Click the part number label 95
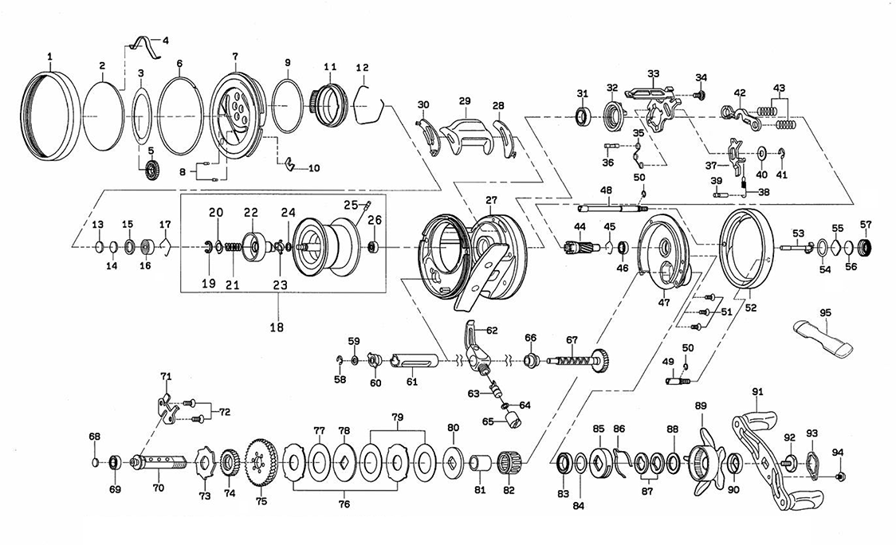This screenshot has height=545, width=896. tap(824, 313)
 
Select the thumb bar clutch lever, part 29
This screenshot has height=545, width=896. tap(465, 128)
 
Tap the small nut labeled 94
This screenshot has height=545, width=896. tap(841, 476)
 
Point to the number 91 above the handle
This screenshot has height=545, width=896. tap(757, 391)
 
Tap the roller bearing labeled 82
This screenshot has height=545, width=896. tap(509, 461)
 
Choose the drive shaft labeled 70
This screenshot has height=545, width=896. tap(159, 462)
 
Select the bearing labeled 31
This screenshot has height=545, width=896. tap(584, 117)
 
